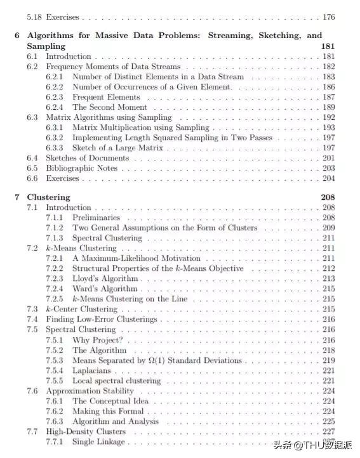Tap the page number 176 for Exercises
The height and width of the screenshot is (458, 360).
tap(328, 17)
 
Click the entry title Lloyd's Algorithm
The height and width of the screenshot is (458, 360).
tap(105, 278)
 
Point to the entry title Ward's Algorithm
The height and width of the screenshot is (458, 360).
tap(104, 289)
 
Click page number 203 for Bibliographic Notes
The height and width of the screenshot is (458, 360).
tap(328, 168)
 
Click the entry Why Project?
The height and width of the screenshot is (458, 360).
tap(99, 340)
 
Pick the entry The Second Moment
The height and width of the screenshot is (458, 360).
tap(109, 107)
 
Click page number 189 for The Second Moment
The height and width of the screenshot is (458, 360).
tap(328, 107)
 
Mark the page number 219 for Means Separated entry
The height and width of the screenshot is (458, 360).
tap(328, 360)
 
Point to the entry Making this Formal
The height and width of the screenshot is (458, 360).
tap(110, 411)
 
